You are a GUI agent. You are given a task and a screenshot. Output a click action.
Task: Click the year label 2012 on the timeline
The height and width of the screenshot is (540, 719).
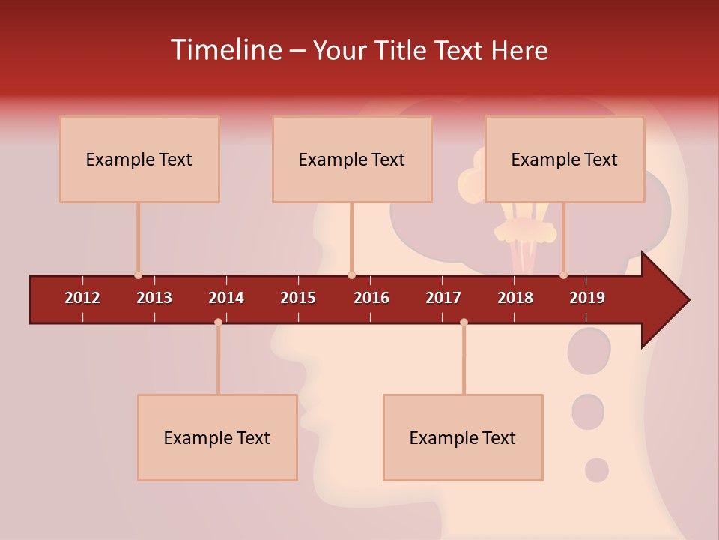pos(82,298)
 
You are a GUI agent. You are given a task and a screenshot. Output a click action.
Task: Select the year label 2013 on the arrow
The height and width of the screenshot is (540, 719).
pos(154,298)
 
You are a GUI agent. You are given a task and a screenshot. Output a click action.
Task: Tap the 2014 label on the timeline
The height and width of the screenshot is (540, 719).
pos(226,298)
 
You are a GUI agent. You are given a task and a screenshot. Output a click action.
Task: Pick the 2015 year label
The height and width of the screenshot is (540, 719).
pos(298,298)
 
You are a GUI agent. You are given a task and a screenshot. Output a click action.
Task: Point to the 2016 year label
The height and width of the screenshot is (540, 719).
pos(371,298)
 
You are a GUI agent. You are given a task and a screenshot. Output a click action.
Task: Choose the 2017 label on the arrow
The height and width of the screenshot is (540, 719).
pos(443,298)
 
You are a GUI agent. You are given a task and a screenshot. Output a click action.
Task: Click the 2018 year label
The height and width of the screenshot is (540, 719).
pos(515,298)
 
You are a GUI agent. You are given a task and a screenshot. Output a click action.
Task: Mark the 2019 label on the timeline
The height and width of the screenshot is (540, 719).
pos(587,298)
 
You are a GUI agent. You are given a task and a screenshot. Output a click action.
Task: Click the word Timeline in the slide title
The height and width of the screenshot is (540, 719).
pos(225,50)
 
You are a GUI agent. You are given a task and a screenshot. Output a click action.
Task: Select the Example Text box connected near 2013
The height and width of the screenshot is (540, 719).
pos(139,159)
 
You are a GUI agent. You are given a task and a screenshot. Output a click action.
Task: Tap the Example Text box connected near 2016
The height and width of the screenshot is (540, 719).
pos(352,159)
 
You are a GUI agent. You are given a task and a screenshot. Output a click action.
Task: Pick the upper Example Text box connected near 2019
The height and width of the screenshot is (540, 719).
pos(565,159)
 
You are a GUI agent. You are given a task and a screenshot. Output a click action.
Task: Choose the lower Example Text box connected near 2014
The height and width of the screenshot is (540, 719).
pos(217,437)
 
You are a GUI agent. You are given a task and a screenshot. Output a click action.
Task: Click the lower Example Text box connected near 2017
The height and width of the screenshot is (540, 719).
pos(463,437)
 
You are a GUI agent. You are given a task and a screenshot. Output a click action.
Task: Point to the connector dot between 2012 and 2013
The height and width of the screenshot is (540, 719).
pos(138,275)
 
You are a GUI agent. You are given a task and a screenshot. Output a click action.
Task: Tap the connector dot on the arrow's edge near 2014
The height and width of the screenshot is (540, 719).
pos(218,322)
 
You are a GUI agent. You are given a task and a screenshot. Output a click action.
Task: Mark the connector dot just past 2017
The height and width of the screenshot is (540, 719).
pos(464,322)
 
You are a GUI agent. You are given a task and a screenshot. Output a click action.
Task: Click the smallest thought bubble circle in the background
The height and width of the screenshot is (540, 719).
pos(596,470)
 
